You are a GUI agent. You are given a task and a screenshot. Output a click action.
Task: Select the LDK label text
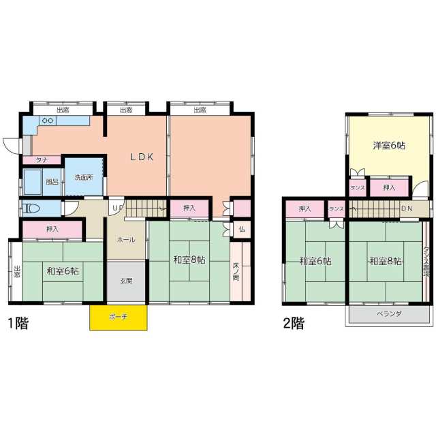[x=142, y=157]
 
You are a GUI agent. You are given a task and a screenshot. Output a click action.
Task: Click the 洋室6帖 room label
[x=389, y=145]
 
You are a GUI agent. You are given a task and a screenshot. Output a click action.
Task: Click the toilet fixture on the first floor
[x=31, y=208]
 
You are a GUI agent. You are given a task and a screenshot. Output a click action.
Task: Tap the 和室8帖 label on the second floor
[x=385, y=261]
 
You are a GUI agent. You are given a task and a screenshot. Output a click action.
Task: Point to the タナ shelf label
[x=33, y=161]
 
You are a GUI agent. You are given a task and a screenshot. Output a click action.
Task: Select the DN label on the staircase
[x=407, y=208]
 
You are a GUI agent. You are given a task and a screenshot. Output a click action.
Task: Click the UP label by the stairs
[x=117, y=207]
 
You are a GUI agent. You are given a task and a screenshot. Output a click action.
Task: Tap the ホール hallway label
[x=125, y=240]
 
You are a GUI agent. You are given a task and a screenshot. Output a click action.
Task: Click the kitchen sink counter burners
[x=48, y=121]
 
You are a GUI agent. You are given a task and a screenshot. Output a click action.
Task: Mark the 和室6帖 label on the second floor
[x=314, y=261]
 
